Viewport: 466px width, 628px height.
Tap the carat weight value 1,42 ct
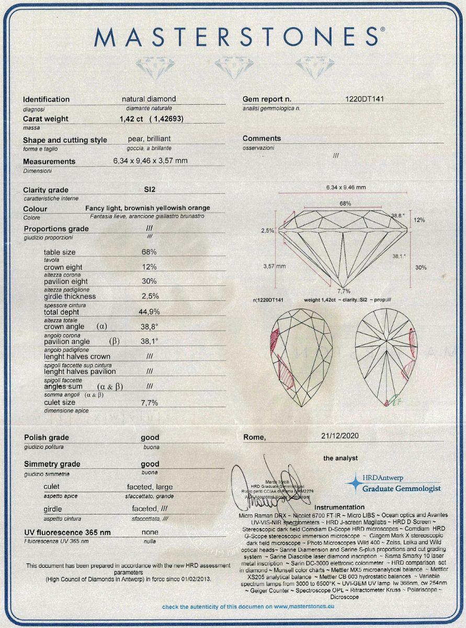pyautogui.click(x=131, y=119)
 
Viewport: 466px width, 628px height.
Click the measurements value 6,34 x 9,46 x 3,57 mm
pyautogui.click(x=150, y=161)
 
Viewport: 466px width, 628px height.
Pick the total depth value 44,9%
pyautogui.click(x=149, y=311)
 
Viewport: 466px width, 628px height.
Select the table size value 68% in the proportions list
pyautogui.click(x=149, y=252)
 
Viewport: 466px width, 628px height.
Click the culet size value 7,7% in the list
pyautogui.click(x=149, y=402)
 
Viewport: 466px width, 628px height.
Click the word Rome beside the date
pyautogui.click(x=255, y=438)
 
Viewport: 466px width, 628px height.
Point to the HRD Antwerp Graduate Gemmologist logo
pyautogui.click(x=395, y=483)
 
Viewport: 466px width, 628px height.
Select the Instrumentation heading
pyautogui.click(x=339, y=507)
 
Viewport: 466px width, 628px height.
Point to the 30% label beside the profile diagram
pyautogui.click(x=420, y=267)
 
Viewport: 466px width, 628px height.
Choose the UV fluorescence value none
pyautogui.click(x=151, y=532)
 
